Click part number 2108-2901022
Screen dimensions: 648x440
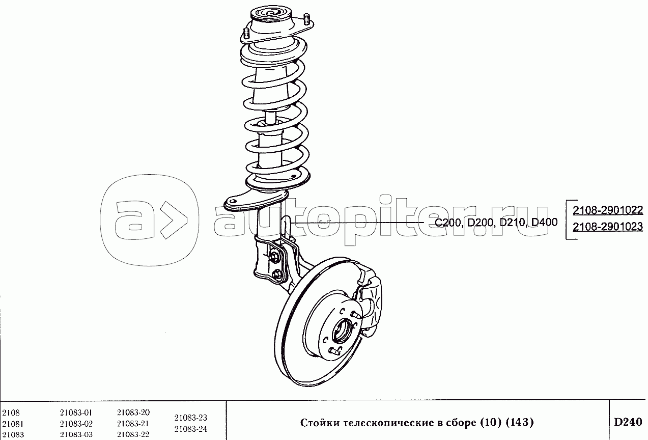pos(608,210)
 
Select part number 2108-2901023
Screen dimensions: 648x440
pos(608,227)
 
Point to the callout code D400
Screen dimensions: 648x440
pos(545,222)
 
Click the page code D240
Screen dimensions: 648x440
pos(628,422)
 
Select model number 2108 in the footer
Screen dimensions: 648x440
pos(11,413)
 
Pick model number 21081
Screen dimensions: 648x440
pos(13,424)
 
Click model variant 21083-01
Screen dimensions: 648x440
pos(76,412)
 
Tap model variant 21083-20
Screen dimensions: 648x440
pos(133,411)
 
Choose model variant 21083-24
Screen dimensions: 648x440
pos(191,429)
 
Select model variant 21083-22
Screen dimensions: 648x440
pos(133,434)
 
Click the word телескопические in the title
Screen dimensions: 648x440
pos(388,423)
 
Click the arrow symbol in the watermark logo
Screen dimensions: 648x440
pos(173,221)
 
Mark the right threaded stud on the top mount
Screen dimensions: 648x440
pos(306,20)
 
